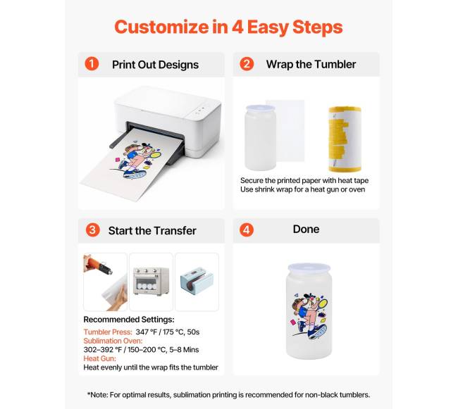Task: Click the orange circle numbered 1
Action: tap(92, 64)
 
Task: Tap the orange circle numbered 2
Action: tap(247, 64)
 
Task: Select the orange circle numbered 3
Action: tap(92, 230)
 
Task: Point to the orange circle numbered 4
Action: tap(247, 230)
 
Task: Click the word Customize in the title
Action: tap(161, 27)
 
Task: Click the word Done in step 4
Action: tap(306, 229)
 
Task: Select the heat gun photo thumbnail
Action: tap(106, 282)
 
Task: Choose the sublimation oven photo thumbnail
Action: tap(151, 282)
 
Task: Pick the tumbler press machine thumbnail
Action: tap(197, 282)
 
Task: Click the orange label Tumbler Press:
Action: tap(108, 332)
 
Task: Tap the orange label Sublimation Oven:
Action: tap(113, 341)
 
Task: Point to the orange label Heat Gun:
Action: tap(100, 358)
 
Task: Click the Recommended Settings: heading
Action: tap(129, 320)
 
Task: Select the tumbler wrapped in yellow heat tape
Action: tap(345, 139)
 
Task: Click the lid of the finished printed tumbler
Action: tap(309, 268)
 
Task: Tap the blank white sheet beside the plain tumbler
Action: tap(285, 131)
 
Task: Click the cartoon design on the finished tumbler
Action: tap(309, 316)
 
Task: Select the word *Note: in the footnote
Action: tap(97, 395)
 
